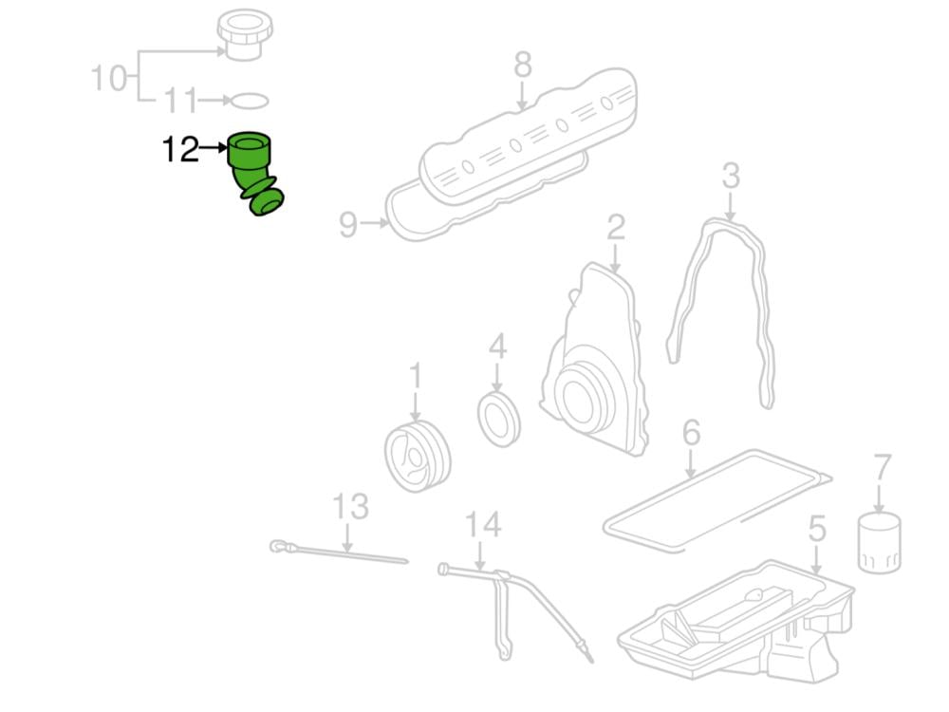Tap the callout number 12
pyautogui.click(x=179, y=149)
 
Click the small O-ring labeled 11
pyautogui.click(x=250, y=101)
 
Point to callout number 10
pyautogui.click(x=109, y=78)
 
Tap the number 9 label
pyautogui.click(x=348, y=225)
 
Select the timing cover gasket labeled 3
pyautogui.click(x=721, y=304)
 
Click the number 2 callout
pyautogui.click(x=616, y=228)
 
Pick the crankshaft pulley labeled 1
pyautogui.click(x=418, y=456)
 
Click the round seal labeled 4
pyautogui.click(x=499, y=417)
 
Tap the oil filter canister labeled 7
pyautogui.click(x=878, y=543)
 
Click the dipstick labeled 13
pyautogui.click(x=342, y=553)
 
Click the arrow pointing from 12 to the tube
pyautogui.click(x=214, y=149)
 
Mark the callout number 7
pyautogui.click(x=883, y=468)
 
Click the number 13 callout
pyautogui.click(x=350, y=507)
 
